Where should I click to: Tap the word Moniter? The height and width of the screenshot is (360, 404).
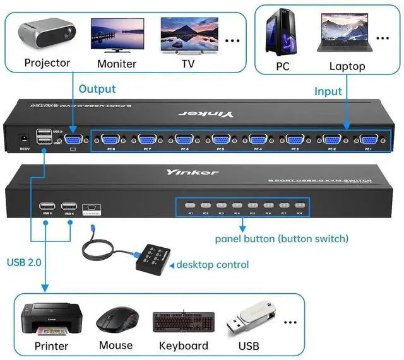pyautogui.click(x=117, y=64)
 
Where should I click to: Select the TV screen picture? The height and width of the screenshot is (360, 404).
pyautogui.click(x=187, y=35)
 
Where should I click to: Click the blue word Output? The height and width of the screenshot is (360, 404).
pyautogui.click(x=97, y=89)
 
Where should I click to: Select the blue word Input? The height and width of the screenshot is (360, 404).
pyautogui.click(x=328, y=91)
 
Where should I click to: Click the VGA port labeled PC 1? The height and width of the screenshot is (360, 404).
pyautogui.click(x=367, y=141)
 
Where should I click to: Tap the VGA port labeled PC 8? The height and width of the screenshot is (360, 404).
pyautogui.click(x=110, y=141)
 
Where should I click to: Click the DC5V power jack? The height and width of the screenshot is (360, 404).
pyautogui.click(x=25, y=139)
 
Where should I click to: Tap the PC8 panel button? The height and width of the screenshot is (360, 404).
pyautogui.click(x=299, y=204)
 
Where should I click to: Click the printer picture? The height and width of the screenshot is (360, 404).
pyautogui.click(x=52, y=320)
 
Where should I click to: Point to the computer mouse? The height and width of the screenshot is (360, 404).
pyautogui.click(x=116, y=321)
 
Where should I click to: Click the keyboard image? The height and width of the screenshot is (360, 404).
pyautogui.click(x=183, y=322)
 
